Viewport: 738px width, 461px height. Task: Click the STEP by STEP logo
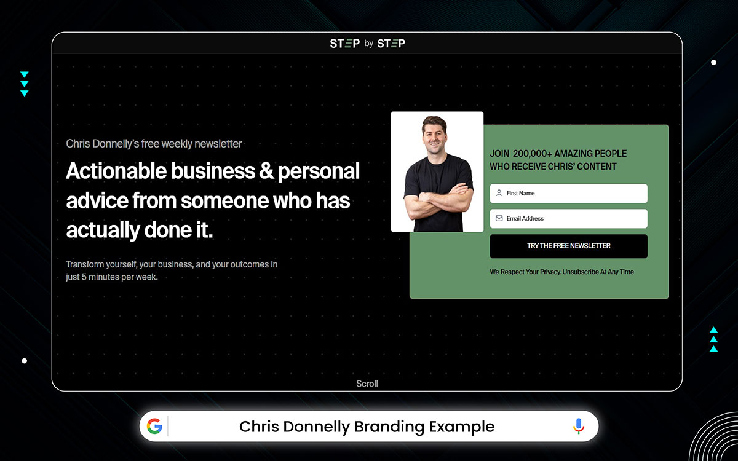pos(367,43)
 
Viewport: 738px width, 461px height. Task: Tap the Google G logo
pos(154,426)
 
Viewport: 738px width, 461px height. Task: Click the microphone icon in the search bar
pos(578,426)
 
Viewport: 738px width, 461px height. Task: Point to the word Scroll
pos(367,384)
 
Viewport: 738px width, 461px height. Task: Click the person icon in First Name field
pos(499,193)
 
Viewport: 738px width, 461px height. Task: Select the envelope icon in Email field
pos(499,218)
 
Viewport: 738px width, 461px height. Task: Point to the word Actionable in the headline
pos(116,171)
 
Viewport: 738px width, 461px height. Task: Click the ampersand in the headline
pos(266,171)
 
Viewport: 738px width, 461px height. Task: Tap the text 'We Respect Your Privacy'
pos(525,272)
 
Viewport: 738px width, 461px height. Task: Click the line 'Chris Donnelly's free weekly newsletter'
pos(154,144)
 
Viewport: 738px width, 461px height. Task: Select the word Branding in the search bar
pos(387,426)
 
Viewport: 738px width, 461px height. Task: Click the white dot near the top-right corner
pos(713,62)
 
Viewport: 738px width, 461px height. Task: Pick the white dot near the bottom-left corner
pos(25,361)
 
